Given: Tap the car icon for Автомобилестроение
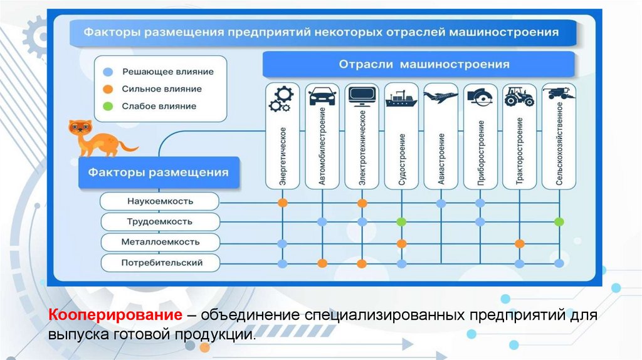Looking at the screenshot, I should (322, 98).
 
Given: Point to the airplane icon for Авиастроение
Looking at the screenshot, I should (441, 97).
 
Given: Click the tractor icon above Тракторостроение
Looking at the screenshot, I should (519, 97).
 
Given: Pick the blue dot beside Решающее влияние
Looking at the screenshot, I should (108, 71).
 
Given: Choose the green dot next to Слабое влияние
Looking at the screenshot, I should (108, 106).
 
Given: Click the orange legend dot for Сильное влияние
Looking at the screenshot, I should (108, 89).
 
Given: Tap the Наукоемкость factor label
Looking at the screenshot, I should (160, 201).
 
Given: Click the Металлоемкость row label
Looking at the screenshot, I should (160, 241).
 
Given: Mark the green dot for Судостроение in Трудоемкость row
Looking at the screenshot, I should (401, 221).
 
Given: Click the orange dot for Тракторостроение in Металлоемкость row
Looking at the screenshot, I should (519, 243).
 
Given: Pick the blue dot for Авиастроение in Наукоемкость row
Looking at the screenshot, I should (441, 203).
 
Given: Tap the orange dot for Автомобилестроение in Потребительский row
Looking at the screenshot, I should (322, 263).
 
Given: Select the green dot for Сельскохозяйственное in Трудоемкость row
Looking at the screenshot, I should (559, 221).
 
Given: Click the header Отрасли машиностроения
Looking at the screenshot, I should (424, 64).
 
